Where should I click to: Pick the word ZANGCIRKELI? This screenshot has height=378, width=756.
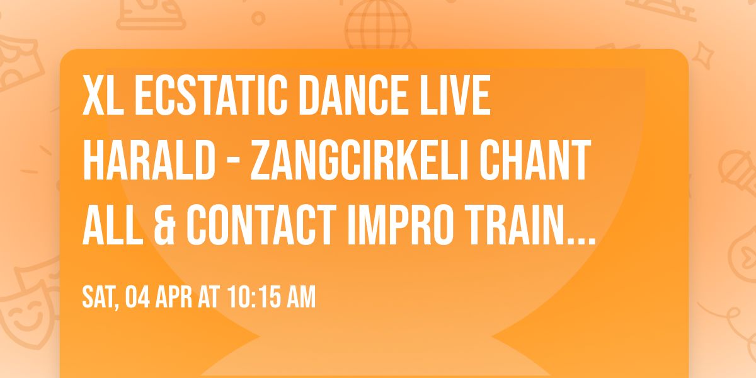[361, 162]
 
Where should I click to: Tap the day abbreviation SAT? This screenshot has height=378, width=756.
[98, 296]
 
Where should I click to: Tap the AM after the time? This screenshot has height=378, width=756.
[300, 296]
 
